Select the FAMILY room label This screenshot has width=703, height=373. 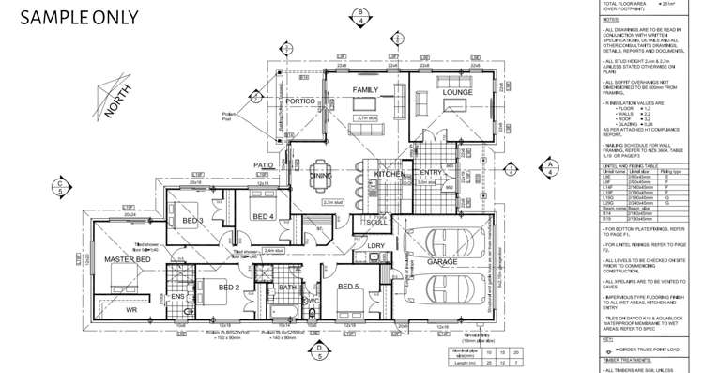click(x=365, y=89)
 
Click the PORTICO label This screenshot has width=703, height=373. click(x=300, y=101)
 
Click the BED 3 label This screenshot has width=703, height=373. click(x=194, y=220)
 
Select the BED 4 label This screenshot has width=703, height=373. click(x=264, y=217)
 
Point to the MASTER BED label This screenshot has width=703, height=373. click(x=127, y=258)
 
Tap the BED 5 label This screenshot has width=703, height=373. click(x=348, y=287)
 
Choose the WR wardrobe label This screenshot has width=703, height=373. click(x=131, y=308)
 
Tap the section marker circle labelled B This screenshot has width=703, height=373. click(x=360, y=13)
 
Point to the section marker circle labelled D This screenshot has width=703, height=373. click(x=319, y=351)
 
